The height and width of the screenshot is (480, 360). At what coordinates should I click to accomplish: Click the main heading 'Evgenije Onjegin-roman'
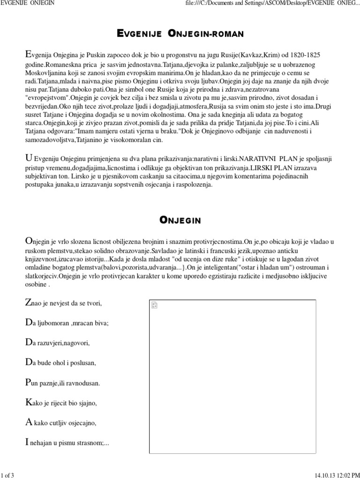coord(180,34)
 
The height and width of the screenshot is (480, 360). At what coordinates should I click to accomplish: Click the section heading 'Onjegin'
coord(180,220)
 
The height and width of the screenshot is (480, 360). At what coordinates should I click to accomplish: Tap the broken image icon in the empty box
coord(155,306)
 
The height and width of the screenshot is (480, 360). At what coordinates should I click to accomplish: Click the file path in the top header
coord(272,4)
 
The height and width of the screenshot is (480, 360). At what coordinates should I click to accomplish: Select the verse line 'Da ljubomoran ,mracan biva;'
coord(66,323)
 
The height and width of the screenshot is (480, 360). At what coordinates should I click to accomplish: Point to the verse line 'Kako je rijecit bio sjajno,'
coord(63,403)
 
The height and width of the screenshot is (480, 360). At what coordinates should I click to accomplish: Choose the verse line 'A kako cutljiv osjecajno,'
coord(60,423)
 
